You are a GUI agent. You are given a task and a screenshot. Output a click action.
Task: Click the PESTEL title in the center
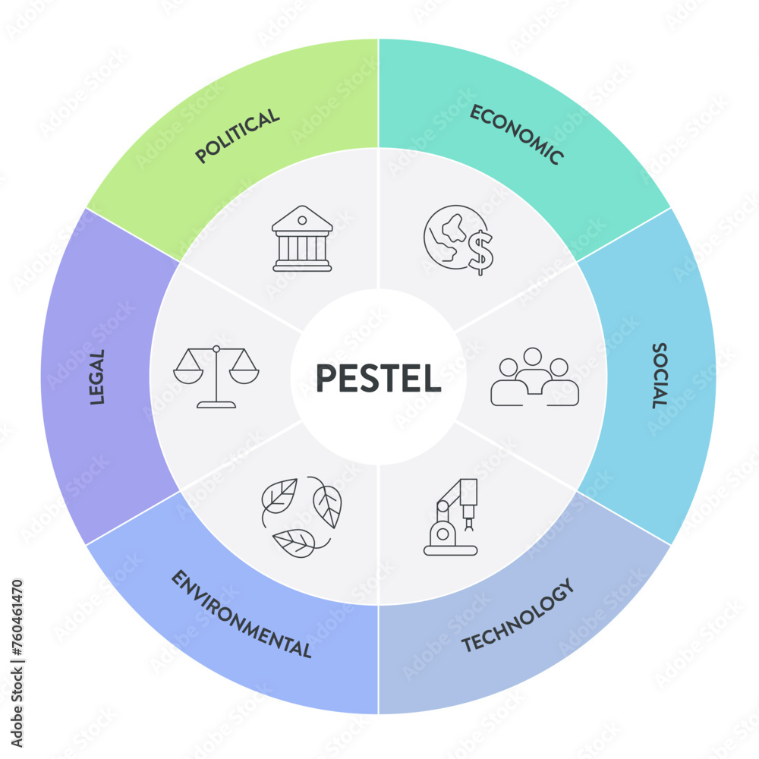378,378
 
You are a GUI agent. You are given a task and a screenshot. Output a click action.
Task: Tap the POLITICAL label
238,136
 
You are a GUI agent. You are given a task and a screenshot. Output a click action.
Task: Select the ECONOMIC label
517,134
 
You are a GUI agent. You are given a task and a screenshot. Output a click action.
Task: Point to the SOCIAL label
659,376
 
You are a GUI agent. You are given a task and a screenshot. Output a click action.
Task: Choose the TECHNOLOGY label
517,616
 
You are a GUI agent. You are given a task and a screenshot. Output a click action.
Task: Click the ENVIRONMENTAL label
241,615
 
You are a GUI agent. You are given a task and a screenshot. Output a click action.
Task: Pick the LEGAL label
97,376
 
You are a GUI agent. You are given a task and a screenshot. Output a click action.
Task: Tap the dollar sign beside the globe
480,252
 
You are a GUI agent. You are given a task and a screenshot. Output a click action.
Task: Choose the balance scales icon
216,376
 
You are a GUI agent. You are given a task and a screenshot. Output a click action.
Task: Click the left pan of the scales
187,374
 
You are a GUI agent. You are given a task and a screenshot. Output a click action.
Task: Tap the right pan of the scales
244,374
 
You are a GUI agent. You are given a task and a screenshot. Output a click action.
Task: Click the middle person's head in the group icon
534,357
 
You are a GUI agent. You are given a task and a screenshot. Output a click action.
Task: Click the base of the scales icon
216,405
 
